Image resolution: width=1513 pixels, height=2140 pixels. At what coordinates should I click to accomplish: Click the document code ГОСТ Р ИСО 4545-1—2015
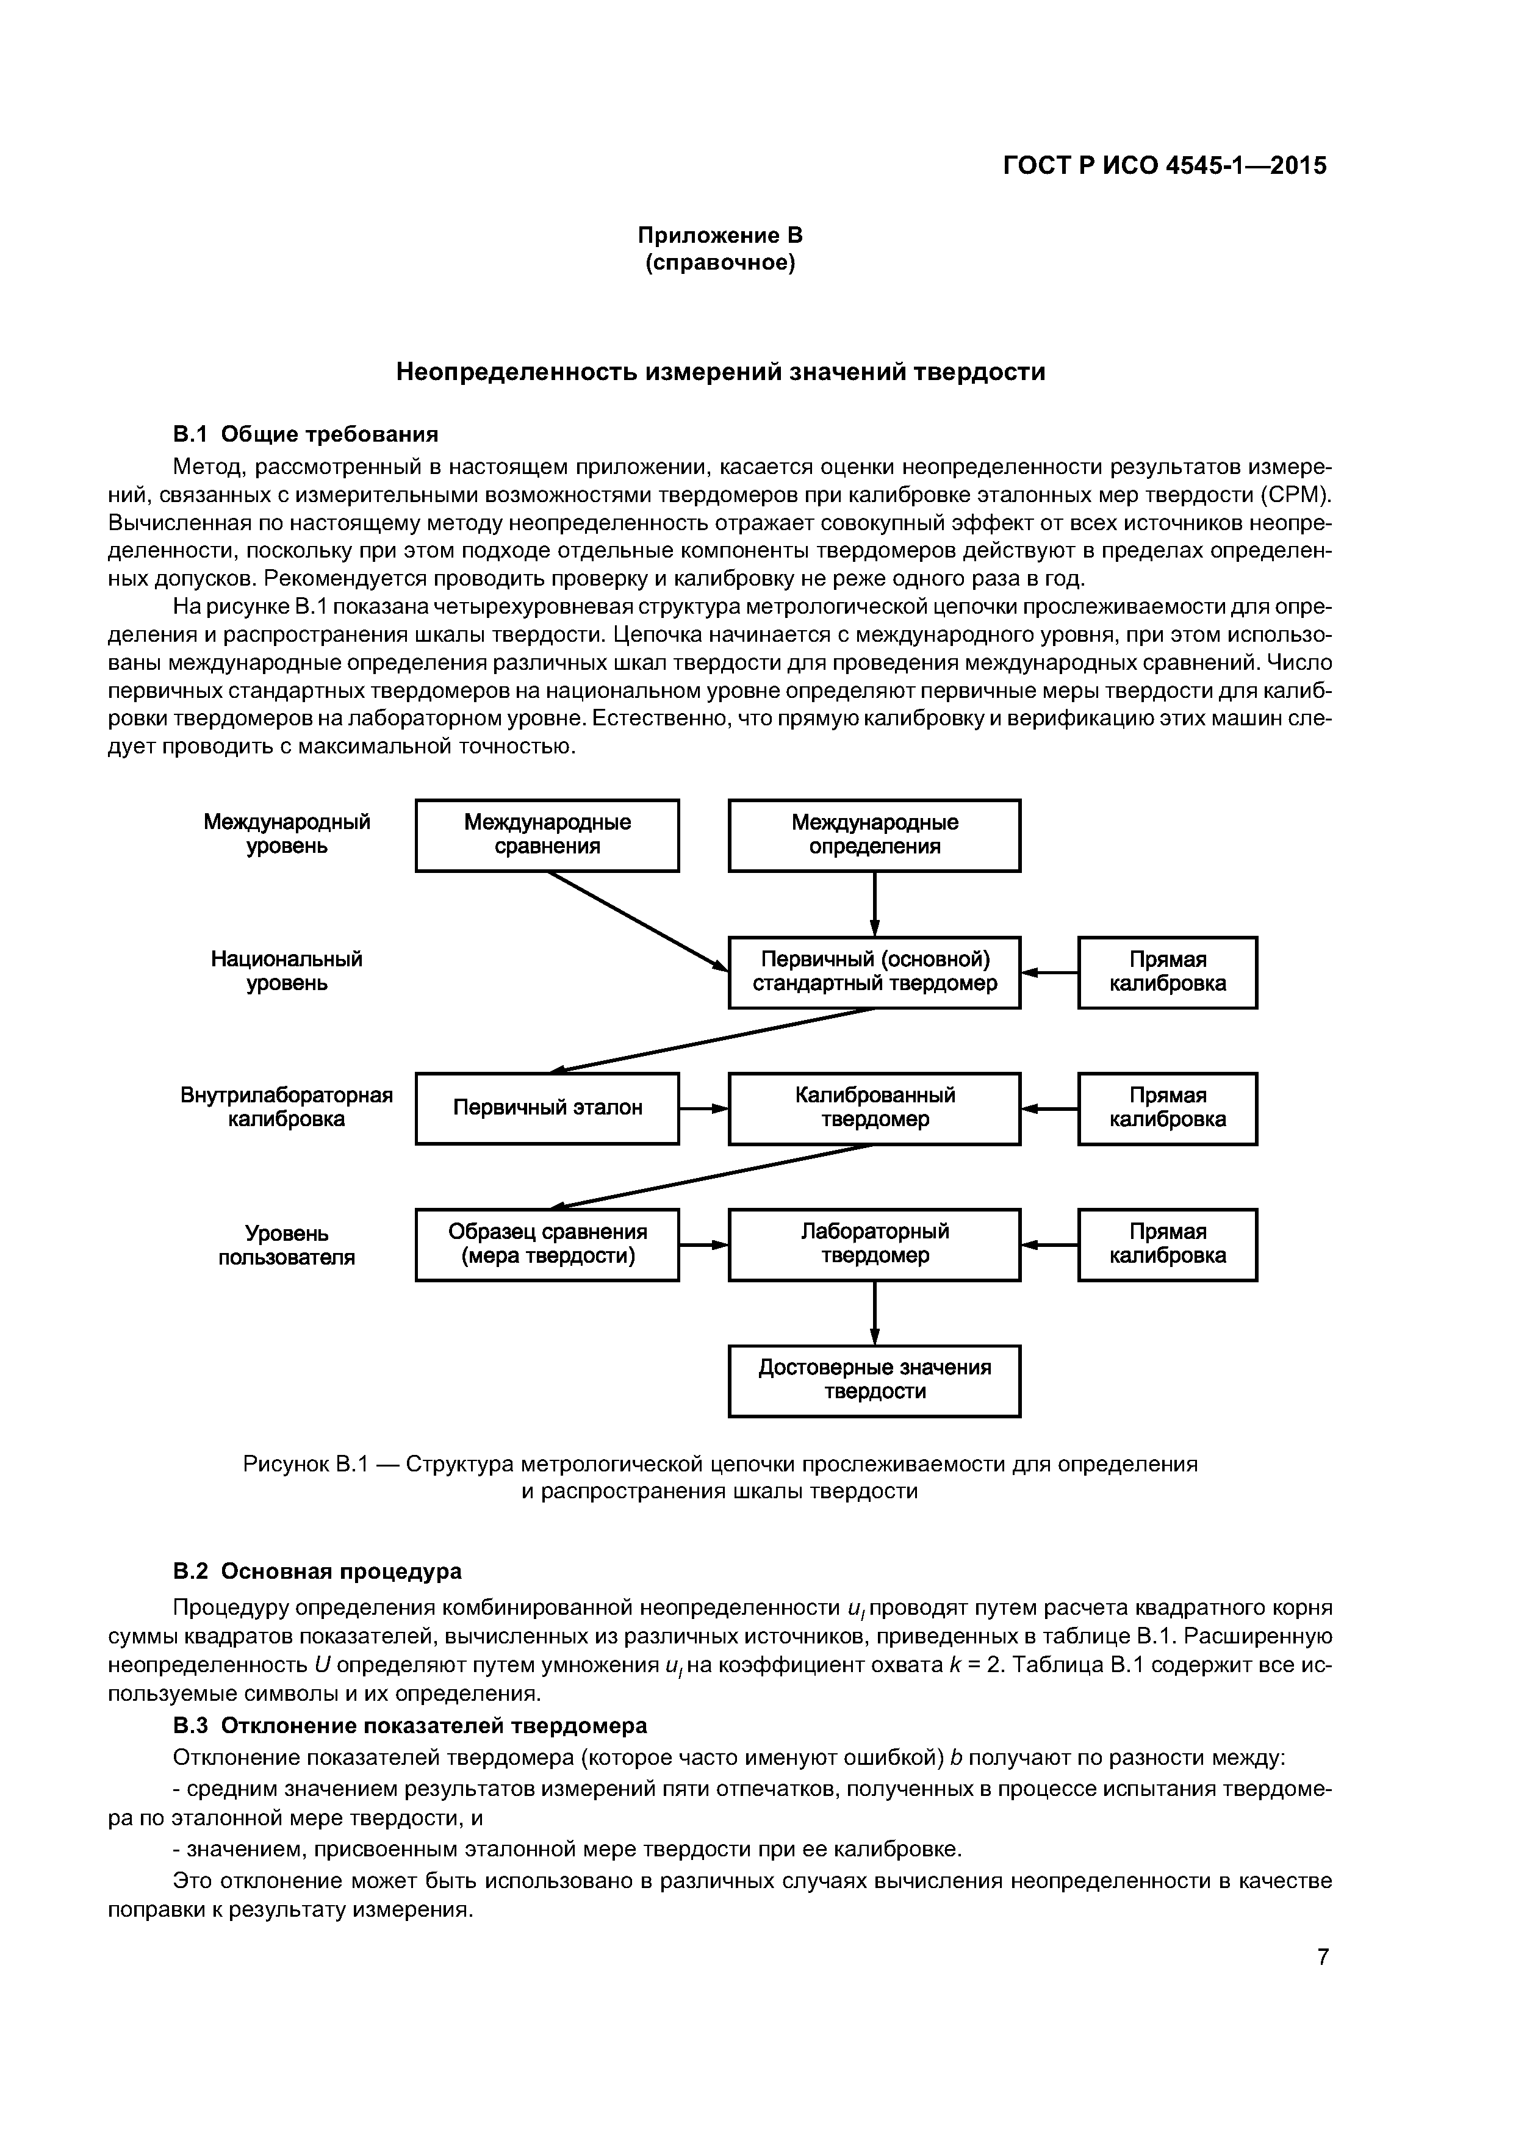pos(1165,166)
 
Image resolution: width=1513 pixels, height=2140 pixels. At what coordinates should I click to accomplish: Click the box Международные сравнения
pos(547,835)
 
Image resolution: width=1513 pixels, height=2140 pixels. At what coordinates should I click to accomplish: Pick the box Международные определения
pos(874,835)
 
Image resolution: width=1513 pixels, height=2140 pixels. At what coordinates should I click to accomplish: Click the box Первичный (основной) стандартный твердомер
pos(874,972)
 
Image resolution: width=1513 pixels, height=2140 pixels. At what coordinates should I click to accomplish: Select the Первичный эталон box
pos(547,1108)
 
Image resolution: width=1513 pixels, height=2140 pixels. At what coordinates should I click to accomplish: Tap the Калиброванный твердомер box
pos(874,1108)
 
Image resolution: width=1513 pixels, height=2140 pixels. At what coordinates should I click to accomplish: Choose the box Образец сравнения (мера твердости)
pos(547,1244)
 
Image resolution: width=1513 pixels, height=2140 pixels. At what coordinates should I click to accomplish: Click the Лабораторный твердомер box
pos(874,1244)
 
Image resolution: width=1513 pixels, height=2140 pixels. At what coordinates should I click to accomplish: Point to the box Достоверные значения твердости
pos(874,1381)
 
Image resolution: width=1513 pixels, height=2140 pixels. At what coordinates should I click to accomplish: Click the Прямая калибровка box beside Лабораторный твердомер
pos(1167,1244)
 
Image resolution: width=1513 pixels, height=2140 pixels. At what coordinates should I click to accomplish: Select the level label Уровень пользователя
pos(286,1245)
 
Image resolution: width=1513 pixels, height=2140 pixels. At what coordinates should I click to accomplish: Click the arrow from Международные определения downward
pos(874,903)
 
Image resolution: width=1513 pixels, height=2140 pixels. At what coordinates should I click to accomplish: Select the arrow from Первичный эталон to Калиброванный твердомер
pos(704,1109)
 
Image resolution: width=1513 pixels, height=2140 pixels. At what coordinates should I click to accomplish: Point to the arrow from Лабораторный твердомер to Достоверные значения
pos(874,1312)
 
